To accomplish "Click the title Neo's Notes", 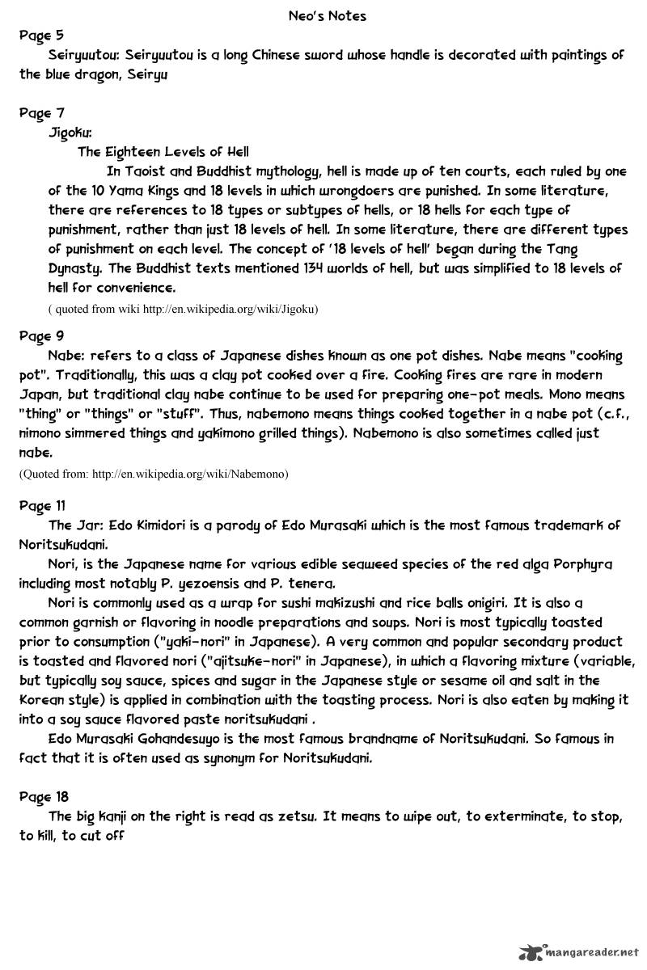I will coord(327,15).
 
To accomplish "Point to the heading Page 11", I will coord(42,506).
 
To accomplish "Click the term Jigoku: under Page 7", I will coord(70,132).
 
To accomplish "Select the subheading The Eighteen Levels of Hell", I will coord(163,151).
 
